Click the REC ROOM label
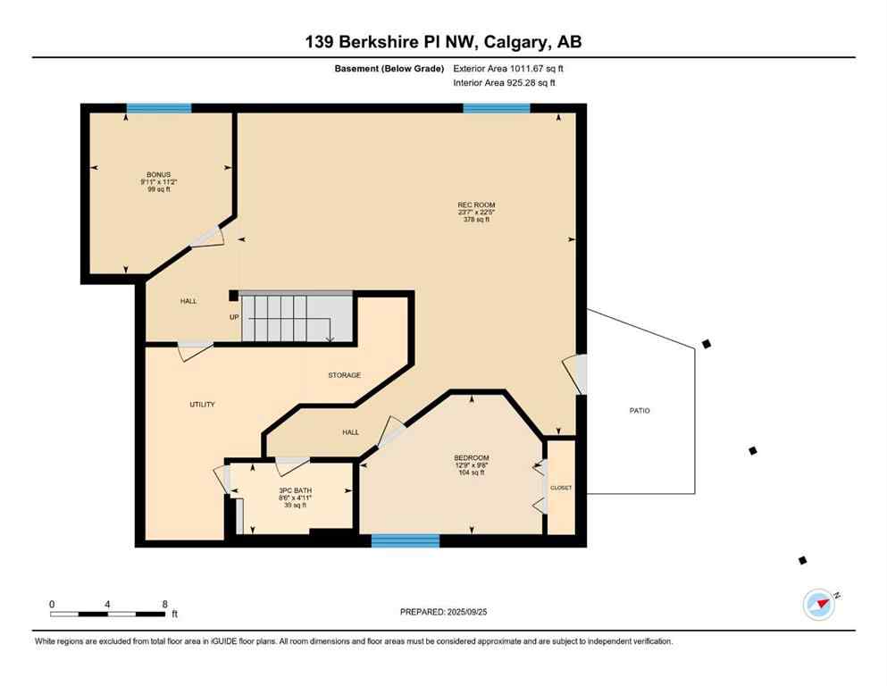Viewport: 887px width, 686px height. pyautogui.click(x=475, y=205)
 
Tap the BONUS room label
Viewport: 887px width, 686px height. pyautogui.click(x=158, y=175)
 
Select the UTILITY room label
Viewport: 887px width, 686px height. pyautogui.click(x=202, y=405)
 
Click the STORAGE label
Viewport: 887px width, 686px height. pyautogui.click(x=344, y=375)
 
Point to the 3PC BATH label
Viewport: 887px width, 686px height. pyautogui.click(x=293, y=490)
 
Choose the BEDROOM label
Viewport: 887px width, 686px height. pyautogui.click(x=471, y=458)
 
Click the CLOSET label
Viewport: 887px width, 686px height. pyautogui.click(x=561, y=488)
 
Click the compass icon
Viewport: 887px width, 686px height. pyautogui.click(x=818, y=605)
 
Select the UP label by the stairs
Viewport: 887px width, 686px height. pyautogui.click(x=234, y=317)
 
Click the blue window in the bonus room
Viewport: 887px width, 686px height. pyautogui.click(x=159, y=108)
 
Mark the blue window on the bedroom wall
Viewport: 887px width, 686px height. pyautogui.click(x=406, y=540)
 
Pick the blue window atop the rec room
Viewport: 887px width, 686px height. pyautogui.click(x=496, y=108)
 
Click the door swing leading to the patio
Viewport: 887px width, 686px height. pyautogui.click(x=576, y=374)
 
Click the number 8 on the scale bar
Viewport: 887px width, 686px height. pyautogui.click(x=164, y=604)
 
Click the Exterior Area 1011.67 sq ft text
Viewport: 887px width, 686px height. pyautogui.click(x=508, y=68)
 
